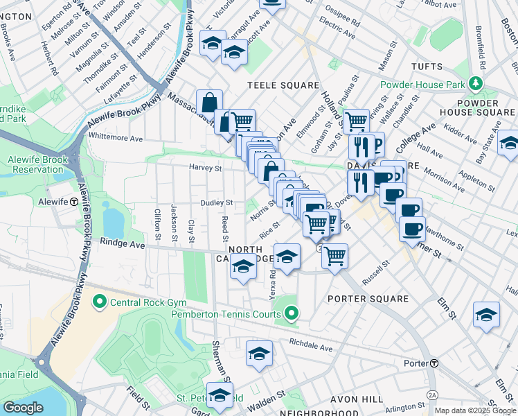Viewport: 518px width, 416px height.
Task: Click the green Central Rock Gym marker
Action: (98, 302)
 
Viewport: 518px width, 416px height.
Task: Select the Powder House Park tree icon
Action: (475, 85)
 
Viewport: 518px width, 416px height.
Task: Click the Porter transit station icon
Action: (434, 363)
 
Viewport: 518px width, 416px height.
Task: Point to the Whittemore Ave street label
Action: (115, 138)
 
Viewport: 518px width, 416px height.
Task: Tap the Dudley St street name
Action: (215, 203)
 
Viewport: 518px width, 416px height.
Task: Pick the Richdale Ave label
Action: (311, 343)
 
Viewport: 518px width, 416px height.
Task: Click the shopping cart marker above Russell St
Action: (334, 256)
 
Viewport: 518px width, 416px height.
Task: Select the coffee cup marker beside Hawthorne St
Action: (411, 229)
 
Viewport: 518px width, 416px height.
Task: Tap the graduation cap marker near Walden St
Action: (220, 396)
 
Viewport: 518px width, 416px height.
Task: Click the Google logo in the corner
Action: (23, 408)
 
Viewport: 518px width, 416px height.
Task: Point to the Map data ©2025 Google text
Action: (476, 410)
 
